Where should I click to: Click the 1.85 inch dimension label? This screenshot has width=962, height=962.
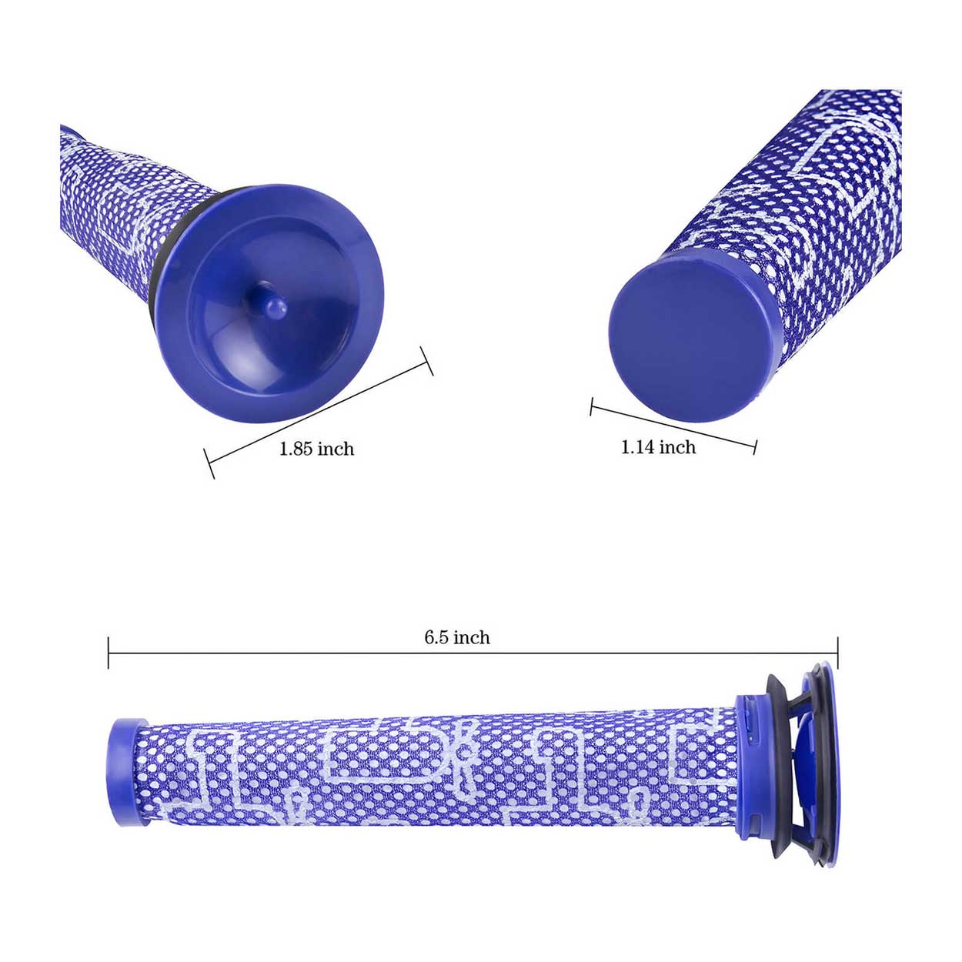click(316, 449)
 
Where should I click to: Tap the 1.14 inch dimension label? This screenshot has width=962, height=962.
click(658, 447)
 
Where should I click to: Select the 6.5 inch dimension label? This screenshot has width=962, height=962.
click(457, 637)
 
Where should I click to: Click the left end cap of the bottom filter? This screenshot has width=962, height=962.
click(128, 772)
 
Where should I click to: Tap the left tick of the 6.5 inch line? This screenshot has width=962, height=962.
click(109, 653)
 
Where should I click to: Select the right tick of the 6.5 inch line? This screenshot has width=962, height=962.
click(837, 653)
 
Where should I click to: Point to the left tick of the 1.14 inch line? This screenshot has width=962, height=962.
click(592, 406)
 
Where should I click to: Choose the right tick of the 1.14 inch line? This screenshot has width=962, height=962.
click(755, 446)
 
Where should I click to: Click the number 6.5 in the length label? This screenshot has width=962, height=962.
click(436, 637)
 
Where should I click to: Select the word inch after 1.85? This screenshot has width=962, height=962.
click(336, 449)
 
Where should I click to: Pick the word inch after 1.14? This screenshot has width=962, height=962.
click(677, 447)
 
